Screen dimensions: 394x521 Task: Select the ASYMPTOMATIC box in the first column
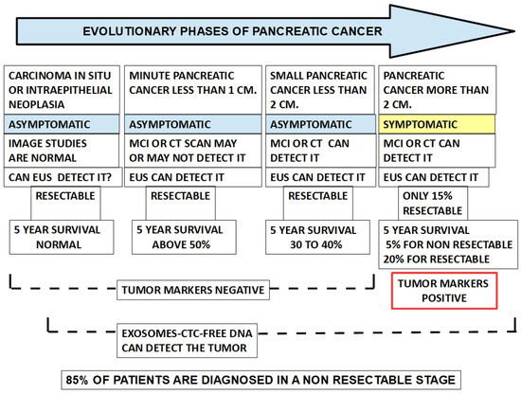[x=63, y=125]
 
